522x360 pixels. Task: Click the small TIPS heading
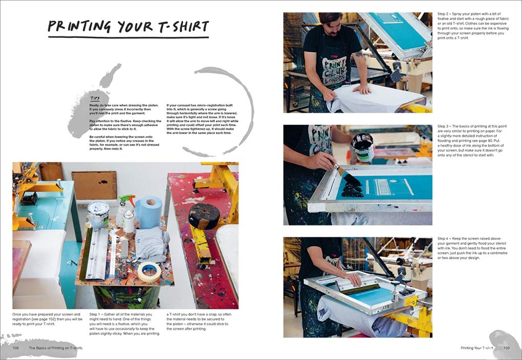pos(94,98)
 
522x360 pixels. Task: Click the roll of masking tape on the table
pos(148,271)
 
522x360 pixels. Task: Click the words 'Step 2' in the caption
pos(444,13)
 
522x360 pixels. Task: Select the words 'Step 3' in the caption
pos(444,126)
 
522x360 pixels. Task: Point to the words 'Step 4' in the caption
pos(444,239)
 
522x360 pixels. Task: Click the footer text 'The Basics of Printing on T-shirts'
pos(55,348)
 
